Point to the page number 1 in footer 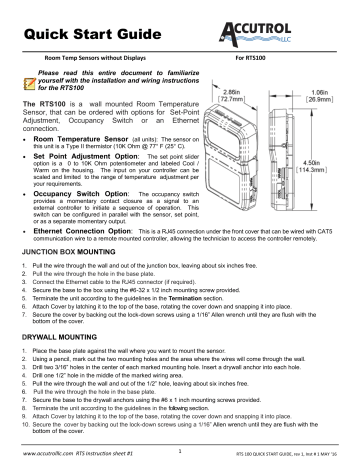click(177, 449)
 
